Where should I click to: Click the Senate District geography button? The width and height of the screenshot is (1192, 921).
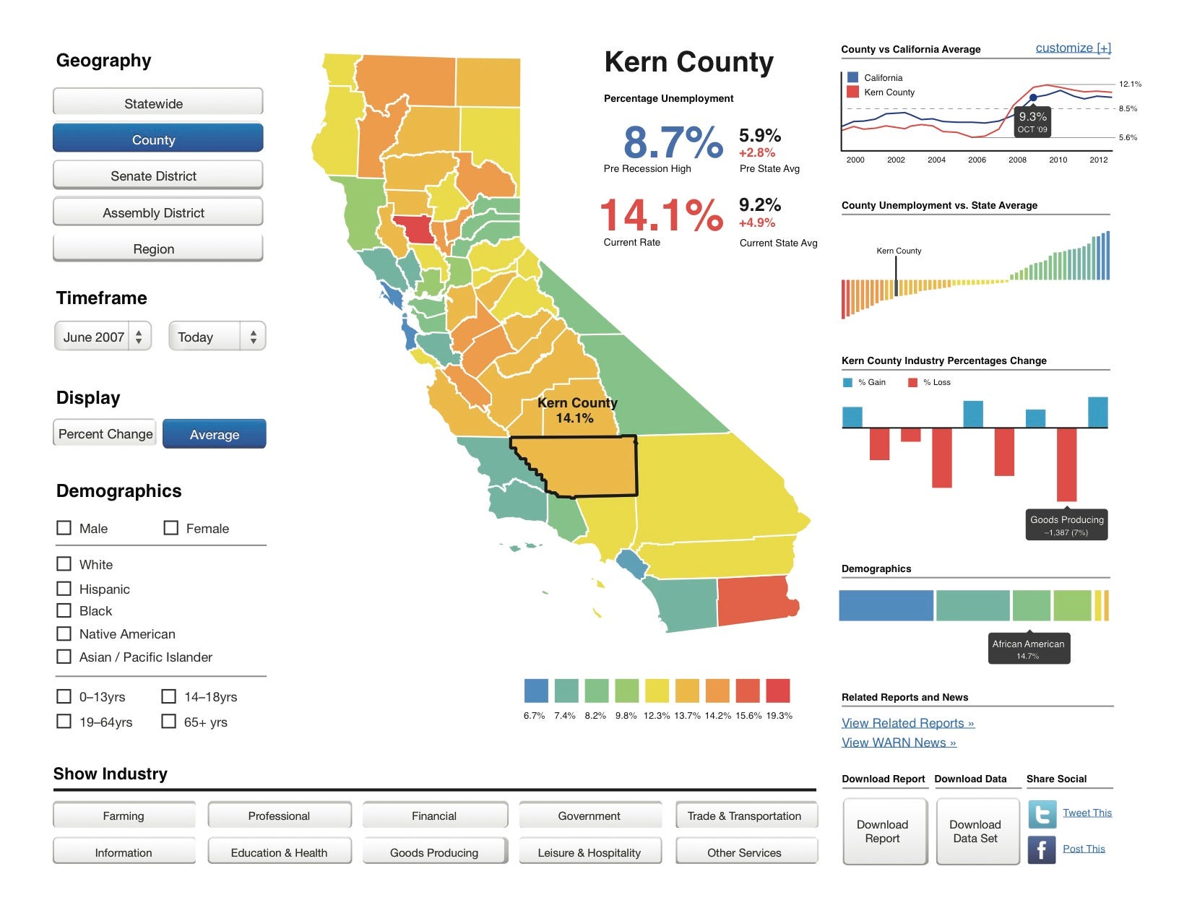point(157,176)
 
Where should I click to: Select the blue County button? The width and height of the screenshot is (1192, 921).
point(157,139)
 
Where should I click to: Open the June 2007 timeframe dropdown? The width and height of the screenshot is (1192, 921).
point(103,337)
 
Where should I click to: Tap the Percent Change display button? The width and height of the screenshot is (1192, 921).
point(105,433)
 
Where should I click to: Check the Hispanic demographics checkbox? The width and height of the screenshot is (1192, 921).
point(64,589)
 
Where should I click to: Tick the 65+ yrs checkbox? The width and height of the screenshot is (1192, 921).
point(169,722)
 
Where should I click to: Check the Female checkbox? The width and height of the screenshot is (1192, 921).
point(171,528)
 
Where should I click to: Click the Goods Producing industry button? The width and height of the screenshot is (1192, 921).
point(434,852)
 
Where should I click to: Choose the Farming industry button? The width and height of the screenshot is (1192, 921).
point(124,816)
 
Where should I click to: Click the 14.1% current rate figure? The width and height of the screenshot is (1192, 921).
point(661,215)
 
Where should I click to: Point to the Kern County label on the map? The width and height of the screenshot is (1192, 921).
point(576,410)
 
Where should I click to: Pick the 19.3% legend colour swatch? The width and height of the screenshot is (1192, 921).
point(778,691)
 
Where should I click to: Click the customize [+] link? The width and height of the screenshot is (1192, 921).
point(1073,48)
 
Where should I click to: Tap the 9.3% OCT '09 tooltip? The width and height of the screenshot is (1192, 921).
point(1032,121)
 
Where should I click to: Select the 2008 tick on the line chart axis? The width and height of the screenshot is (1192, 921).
point(1017,160)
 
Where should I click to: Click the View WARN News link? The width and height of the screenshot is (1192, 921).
point(899,743)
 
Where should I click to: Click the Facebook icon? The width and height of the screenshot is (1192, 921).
point(1042,849)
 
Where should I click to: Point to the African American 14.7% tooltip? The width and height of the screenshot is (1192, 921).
point(1029,649)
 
